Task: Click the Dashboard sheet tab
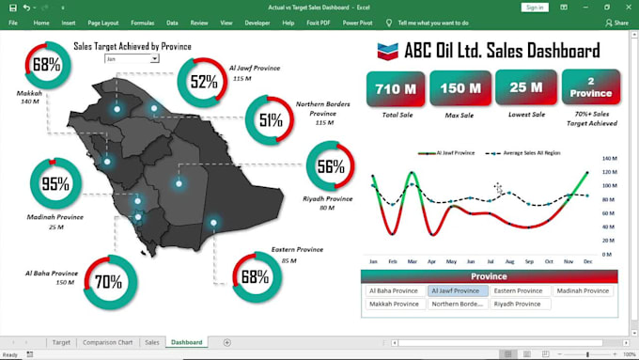[x=186, y=342]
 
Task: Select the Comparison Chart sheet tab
[x=107, y=342]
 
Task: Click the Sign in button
[x=534, y=7]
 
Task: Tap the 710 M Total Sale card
[x=396, y=88]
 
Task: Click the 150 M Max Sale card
[x=460, y=88]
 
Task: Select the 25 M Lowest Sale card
[x=524, y=88]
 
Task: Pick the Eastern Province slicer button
[x=518, y=291]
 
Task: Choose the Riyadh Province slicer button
[x=518, y=305]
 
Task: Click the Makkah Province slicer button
[x=395, y=305]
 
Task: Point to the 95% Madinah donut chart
[x=56, y=183]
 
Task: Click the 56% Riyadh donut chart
[x=331, y=167]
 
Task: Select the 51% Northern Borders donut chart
[x=271, y=119]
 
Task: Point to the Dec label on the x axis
[x=587, y=260]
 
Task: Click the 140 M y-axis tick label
[x=608, y=159]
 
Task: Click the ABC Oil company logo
[x=385, y=52]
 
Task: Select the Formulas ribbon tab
[x=143, y=22]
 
